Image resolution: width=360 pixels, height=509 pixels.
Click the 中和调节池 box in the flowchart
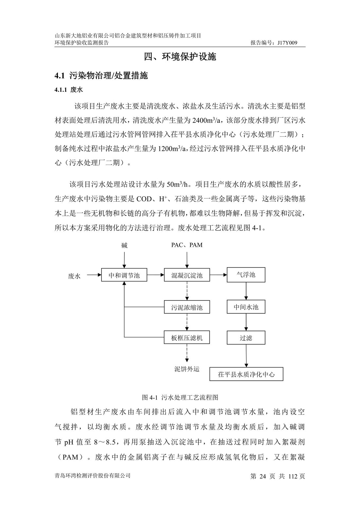click(x=124, y=275)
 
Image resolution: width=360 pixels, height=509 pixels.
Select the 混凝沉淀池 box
click(x=187, y=275)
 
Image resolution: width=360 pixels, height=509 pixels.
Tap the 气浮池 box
click(x=246, y=275)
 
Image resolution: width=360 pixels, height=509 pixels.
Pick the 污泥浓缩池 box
click(x=187, y=307)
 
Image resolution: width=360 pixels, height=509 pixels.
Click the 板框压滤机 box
click(x=187, y=337)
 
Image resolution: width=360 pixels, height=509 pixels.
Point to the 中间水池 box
click(x=246, y=307)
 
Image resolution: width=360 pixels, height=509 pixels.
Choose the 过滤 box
click(x=246, y=337)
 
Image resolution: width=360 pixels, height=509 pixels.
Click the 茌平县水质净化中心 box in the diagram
click(x=246, y=374)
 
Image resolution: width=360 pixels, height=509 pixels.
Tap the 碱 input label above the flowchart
click(x=124, y=245)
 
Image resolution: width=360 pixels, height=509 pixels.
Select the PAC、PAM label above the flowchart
click(x=187, y=245)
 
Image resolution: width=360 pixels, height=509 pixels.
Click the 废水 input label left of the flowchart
click(x=74, y=276)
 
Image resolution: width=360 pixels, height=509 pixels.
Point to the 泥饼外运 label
click(x=187, y=369)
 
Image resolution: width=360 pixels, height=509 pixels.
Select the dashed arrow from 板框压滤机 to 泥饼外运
click(x=187, y=353)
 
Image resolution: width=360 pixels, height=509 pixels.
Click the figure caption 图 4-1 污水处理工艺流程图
click(x=180, y=397)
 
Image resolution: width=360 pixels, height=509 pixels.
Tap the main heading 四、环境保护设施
click(x=180, y=57)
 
